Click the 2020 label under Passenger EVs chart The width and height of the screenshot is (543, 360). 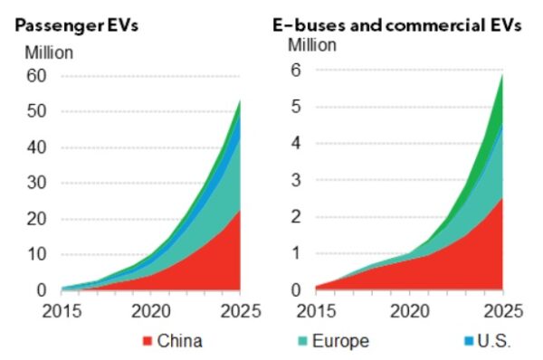coord(151,312)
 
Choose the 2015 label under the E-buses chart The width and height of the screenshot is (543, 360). coord(315,312)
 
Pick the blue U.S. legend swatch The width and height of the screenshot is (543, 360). coord(467,341)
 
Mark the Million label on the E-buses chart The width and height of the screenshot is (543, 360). coord(313,44)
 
